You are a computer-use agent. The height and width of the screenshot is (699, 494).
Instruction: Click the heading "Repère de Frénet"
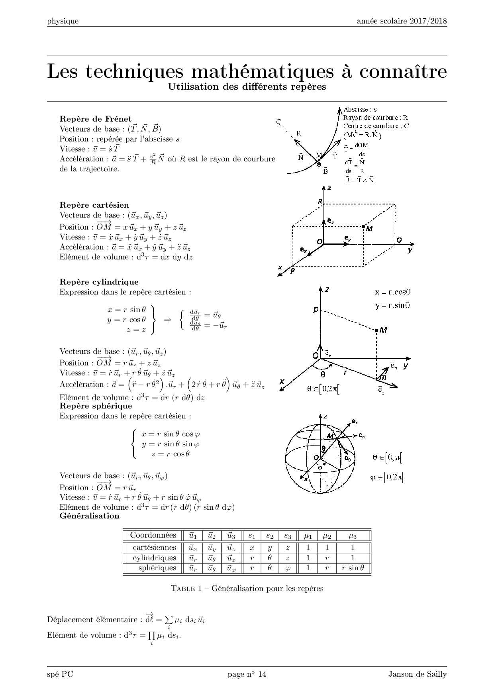coord(95,119)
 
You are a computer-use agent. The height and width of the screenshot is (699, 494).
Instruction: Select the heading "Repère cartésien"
coord(94,205)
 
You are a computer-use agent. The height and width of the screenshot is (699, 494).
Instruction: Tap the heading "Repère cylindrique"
coord(99,282)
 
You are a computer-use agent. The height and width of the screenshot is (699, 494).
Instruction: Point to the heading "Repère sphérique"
coord(96,406)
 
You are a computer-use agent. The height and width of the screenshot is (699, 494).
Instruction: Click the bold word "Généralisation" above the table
coord(89,516)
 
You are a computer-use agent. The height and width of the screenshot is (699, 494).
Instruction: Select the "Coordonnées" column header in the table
coord(153,535)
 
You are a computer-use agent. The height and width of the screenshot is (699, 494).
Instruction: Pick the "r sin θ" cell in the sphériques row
coord(353,568)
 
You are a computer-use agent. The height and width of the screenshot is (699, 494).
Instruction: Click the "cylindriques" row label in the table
coord(154,558)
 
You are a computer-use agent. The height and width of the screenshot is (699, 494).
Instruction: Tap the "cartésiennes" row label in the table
coord(154,548)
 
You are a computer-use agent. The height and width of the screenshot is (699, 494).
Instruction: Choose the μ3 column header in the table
coord(353,536)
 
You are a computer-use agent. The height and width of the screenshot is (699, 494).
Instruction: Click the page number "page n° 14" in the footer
coord(247,674)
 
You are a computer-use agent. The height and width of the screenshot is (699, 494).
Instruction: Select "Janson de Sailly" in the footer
coord(418,674)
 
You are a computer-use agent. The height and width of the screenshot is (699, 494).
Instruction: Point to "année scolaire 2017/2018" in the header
coord(402,21)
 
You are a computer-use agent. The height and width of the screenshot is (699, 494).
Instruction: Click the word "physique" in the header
coord(63,22)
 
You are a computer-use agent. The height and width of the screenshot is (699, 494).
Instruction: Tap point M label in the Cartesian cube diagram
coord(369,229)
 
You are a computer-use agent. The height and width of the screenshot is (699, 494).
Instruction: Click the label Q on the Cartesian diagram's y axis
coord(399,240)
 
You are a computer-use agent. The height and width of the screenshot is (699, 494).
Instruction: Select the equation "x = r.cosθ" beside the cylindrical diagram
coord(392,292)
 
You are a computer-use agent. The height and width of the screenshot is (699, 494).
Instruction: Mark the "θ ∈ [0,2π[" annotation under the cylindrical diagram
coord(323,389)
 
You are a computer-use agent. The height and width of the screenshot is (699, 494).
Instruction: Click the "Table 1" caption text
coord(247,589)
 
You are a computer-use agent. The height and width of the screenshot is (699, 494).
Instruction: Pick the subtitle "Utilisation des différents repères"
coord(247,86)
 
